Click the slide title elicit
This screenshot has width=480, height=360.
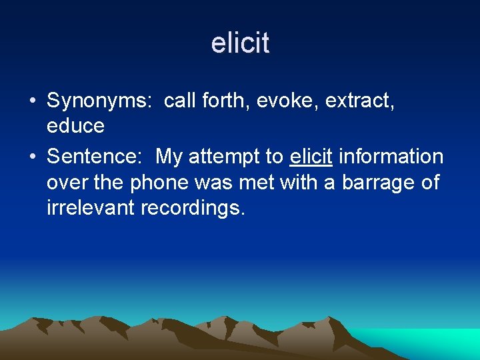click(x=240, y=43)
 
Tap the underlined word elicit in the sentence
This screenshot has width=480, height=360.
click(x=311, y=157)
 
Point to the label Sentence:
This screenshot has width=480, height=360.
click(x=98, y=157)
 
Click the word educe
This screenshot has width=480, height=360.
click(x=75, y=126)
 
